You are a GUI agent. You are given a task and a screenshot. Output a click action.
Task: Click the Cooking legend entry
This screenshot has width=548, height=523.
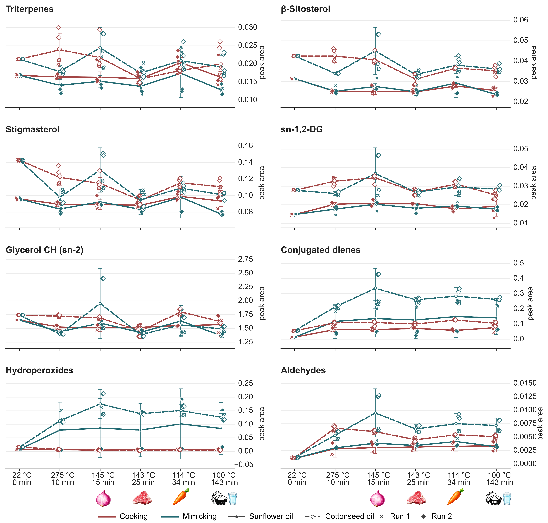click(x=123, y=516)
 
